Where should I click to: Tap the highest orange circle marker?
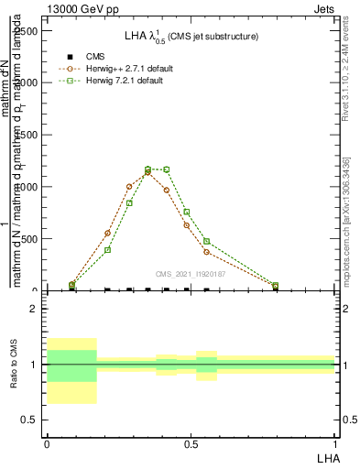point(147,172)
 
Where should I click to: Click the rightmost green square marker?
point(276,286)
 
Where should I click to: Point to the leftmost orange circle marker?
point(72,286)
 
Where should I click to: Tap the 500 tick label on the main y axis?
point(27,239)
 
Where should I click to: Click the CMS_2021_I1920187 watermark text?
point(190,274)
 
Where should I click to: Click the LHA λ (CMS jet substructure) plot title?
point(191,36)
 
